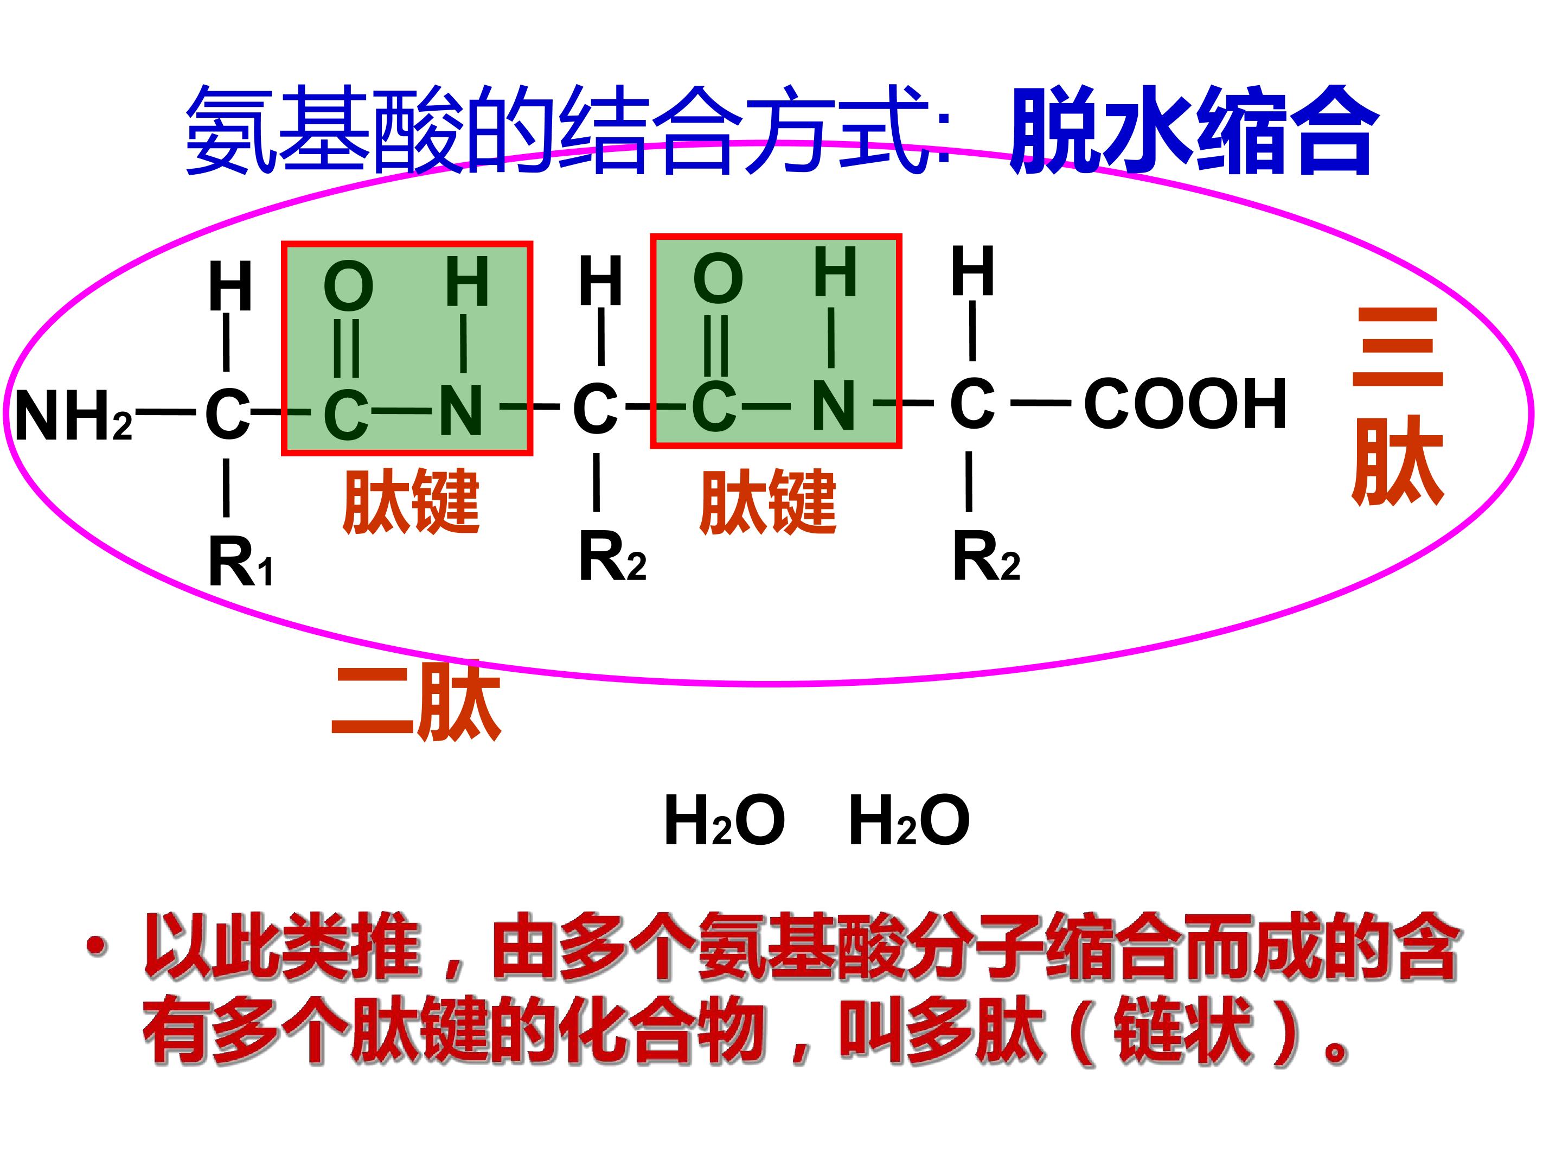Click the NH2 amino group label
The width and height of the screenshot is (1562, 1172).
[73, 416]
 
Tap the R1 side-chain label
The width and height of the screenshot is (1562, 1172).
[240, 562]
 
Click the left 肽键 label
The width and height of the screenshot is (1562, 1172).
[411, 501]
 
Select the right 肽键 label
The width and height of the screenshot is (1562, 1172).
[767, 501]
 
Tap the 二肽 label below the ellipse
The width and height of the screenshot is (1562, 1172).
[417, 702]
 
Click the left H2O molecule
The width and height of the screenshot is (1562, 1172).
[725, 820]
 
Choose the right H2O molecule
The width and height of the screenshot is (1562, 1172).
[910, 820]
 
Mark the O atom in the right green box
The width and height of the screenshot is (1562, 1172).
[718, 278]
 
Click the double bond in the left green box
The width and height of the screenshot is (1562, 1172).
[346, 348]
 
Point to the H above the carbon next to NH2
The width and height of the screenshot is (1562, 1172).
[230, 286]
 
